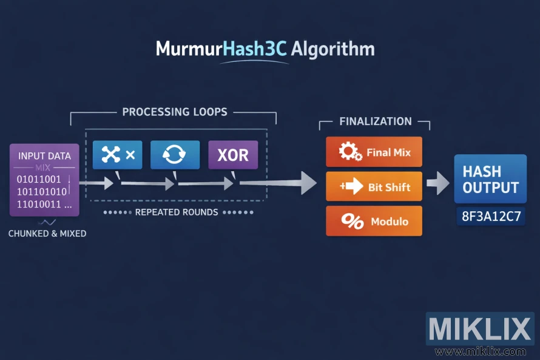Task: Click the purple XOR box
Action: click(233, 155)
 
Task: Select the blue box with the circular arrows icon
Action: click(175, 155)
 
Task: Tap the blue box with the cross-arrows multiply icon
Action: click(117, 155)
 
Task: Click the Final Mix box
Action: click(374, 152)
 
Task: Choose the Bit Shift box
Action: click(374, 186)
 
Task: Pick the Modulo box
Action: click(374, 221)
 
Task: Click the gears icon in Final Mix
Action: click(350, 152)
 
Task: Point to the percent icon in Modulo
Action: click(352, 222)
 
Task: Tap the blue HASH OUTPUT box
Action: click(490, 178)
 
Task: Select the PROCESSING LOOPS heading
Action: click(175, 112)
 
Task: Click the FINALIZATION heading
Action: click(375, 121)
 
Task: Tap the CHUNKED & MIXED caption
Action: click(47, 233)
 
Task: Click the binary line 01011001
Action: click(39, 179)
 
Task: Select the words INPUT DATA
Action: click(44, 156)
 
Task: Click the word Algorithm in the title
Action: click(332, 49)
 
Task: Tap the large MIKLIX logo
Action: click(479, 329)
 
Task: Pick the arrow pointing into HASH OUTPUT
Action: click(437, 182)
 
